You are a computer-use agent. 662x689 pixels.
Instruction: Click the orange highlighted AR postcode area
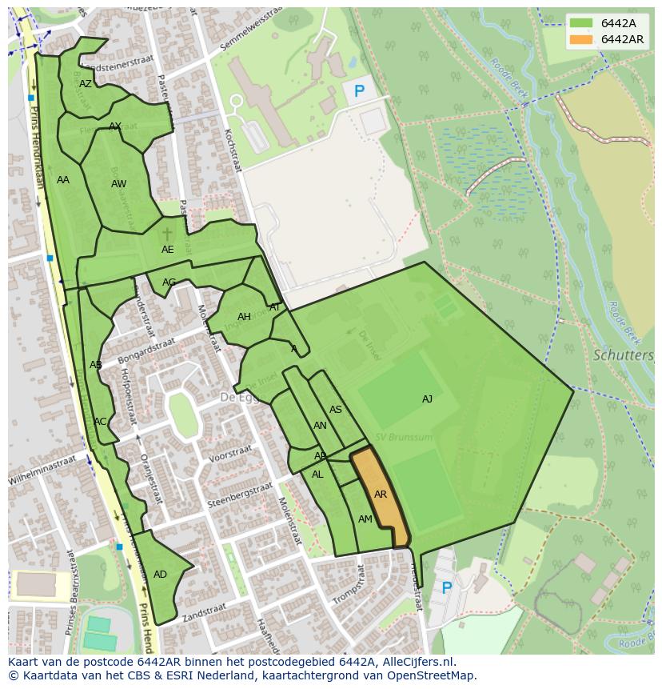380,496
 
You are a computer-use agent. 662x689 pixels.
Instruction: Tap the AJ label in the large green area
427,399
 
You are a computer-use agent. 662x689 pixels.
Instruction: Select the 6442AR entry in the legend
622,39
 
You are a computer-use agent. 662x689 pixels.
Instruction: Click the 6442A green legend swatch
581,24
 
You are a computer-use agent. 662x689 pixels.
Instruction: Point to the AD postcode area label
160,575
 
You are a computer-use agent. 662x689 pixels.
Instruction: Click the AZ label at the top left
86,83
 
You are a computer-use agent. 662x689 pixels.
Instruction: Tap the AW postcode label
118,184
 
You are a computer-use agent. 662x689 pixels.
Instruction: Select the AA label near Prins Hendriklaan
63,180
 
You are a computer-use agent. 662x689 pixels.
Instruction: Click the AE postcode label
167,250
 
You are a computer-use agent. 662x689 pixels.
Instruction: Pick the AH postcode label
244,317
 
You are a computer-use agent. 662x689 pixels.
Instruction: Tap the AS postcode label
336,410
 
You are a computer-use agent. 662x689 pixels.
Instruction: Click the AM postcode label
365,519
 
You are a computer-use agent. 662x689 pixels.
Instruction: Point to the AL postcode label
317,475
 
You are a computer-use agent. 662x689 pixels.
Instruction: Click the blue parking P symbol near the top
359,92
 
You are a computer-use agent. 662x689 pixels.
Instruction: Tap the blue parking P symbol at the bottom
446,588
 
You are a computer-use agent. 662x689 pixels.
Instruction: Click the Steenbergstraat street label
240,495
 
